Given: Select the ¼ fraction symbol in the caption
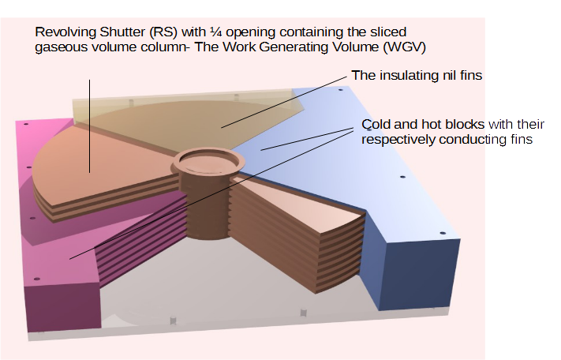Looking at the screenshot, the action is tap(215, 32).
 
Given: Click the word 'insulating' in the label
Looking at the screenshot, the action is tap(408, 76).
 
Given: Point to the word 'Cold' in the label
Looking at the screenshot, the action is tap(375, 125).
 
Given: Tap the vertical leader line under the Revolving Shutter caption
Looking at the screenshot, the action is tap(89, 126).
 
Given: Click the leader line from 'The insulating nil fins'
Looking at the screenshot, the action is tap(284, 102).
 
